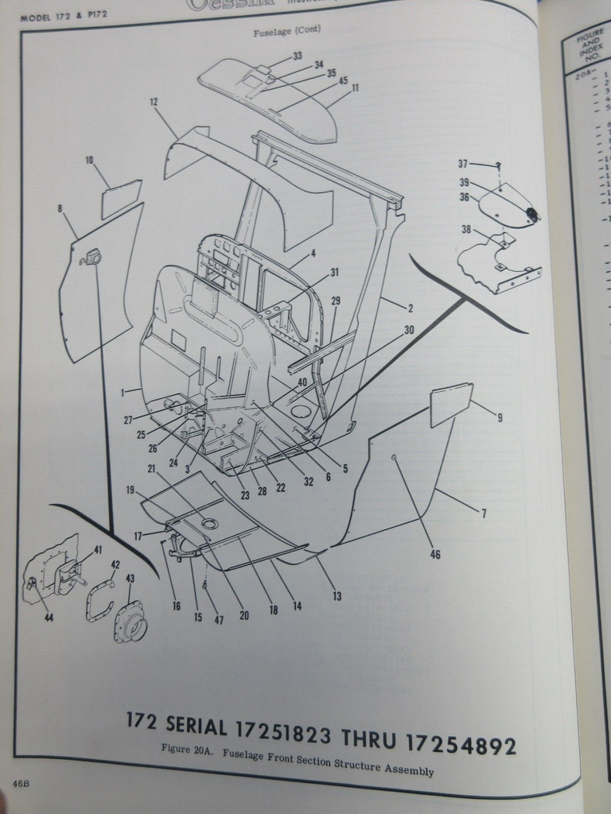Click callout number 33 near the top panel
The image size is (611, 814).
point(297,56)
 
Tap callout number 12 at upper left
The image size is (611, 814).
point(154,102)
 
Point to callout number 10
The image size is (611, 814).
point(89,160)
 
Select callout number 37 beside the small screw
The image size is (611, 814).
point(462,164)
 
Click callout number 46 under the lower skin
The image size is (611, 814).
point(434,555)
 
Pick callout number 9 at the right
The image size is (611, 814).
point(500,417)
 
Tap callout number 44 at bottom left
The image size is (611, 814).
point(49,617)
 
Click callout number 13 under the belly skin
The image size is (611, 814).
point(337,595)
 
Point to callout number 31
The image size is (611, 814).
point(335,273)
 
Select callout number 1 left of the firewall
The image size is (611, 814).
point(123,393)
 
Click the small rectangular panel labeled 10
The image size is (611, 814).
point(121,200)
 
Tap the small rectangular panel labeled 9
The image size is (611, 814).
point(450,404)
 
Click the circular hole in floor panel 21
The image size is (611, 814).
point(209,523)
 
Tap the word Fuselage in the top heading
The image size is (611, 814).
point(268,32)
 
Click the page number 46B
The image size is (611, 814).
point(21,784)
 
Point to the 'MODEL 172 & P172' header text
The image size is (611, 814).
point(63,14)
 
